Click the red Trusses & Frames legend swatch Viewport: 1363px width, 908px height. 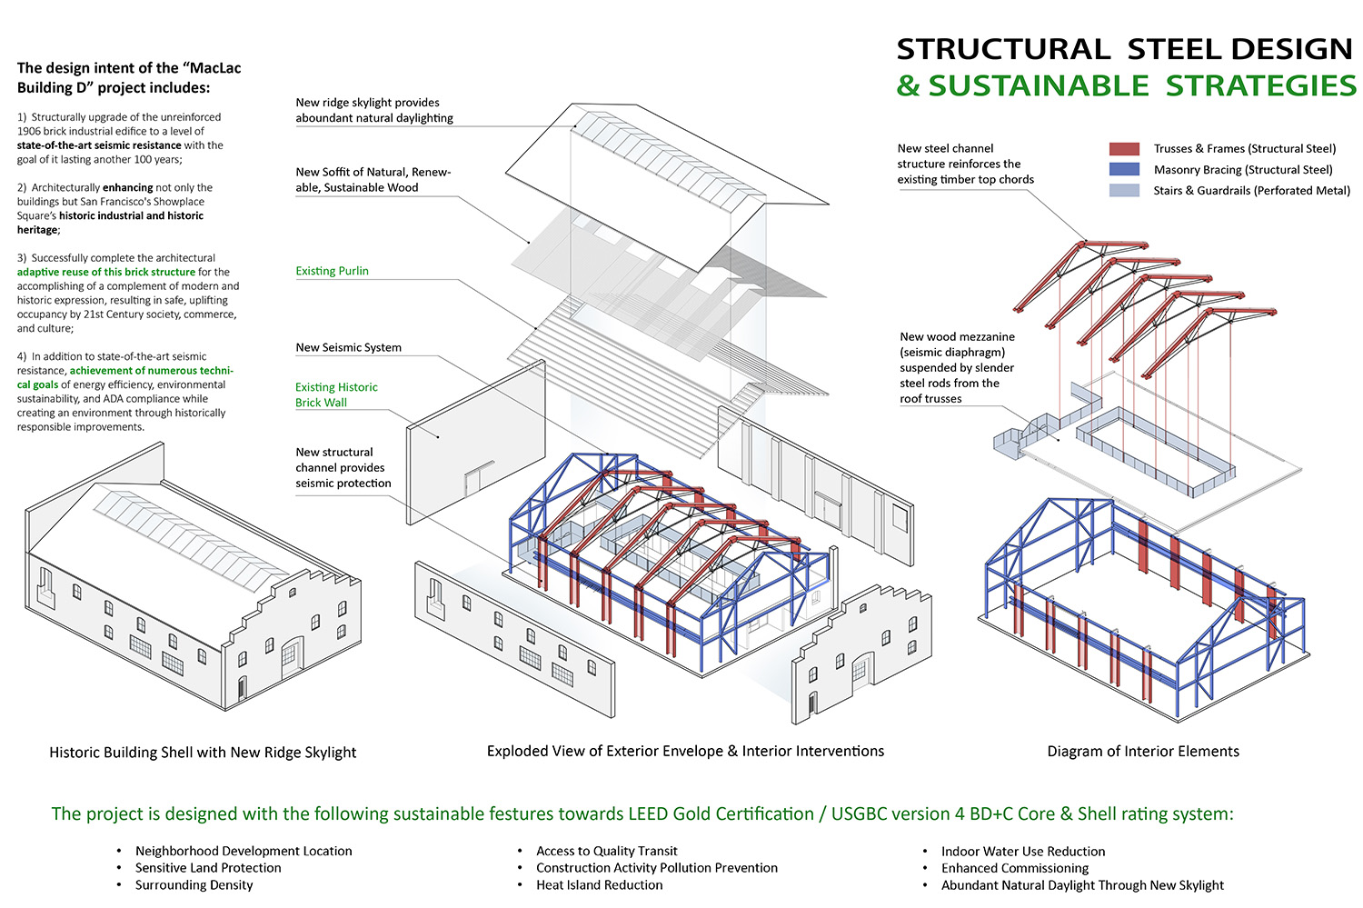point(1124,149)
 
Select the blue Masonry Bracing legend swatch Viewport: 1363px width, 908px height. point(1124,170)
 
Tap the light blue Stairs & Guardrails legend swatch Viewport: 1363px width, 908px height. point(1124,191)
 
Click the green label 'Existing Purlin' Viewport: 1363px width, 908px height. point(332,271)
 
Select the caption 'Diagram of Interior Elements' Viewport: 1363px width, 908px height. point(1142,752)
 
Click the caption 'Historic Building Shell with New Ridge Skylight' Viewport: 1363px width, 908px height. point(203,753)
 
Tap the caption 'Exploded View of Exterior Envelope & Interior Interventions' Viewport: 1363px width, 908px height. point(685,752)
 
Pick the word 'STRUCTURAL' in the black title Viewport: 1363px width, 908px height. point(1002,49)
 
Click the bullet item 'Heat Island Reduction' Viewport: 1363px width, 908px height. point(599,885)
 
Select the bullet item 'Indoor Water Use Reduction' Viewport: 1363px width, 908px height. point(1023,852)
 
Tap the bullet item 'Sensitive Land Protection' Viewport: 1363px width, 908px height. point(208,868)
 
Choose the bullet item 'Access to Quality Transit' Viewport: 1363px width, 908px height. point(606,852)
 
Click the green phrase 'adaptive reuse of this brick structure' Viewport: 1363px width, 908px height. point(106,272)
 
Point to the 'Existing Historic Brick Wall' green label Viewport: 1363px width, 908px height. point(335,394)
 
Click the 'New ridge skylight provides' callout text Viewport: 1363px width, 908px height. point(367,103)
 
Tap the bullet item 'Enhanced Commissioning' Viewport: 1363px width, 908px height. point(1014,868)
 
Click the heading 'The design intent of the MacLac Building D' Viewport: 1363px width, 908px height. point(129,77)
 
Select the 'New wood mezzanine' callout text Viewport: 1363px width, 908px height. point(957,336)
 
